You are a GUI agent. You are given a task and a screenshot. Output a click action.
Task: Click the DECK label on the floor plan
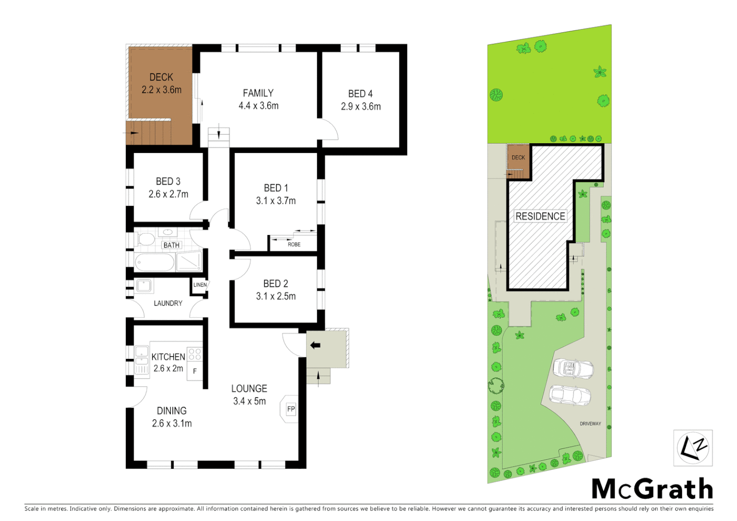[161, 77]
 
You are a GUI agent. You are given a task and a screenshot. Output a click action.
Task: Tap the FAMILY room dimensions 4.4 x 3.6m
[259, 106]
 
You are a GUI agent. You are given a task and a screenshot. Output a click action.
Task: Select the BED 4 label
[360, 94]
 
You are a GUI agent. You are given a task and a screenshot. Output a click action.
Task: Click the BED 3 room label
[168, 181]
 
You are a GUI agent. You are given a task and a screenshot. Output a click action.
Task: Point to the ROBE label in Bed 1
[294, 245]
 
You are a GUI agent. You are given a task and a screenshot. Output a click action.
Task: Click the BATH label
[171, 245]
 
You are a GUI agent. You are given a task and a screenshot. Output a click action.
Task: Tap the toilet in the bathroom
[145, 239]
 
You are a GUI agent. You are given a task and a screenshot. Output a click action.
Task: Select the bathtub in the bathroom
[154, 263]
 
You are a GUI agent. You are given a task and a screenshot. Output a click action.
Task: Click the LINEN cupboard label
[200, 285]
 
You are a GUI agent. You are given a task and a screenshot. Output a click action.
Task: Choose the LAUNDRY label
[168, 303]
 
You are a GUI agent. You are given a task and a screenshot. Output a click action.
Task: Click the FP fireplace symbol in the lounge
[290, 409]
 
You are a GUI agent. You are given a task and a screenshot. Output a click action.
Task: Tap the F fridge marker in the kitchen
[195, 371]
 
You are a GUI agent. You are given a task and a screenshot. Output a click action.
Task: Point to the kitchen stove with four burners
[195, 354]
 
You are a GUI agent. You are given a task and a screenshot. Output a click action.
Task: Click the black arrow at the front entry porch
[315, 345]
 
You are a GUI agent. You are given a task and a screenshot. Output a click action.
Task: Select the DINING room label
[172, 411]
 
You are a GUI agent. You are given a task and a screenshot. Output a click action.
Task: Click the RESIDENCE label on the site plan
[540, 216]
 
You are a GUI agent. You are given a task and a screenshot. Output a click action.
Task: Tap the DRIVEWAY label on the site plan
[590, 424]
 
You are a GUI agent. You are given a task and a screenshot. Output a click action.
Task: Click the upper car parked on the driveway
[573, 369]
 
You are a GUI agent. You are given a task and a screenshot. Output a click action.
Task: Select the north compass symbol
[693, 448]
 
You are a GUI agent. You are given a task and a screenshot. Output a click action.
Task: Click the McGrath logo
[652, 489]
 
